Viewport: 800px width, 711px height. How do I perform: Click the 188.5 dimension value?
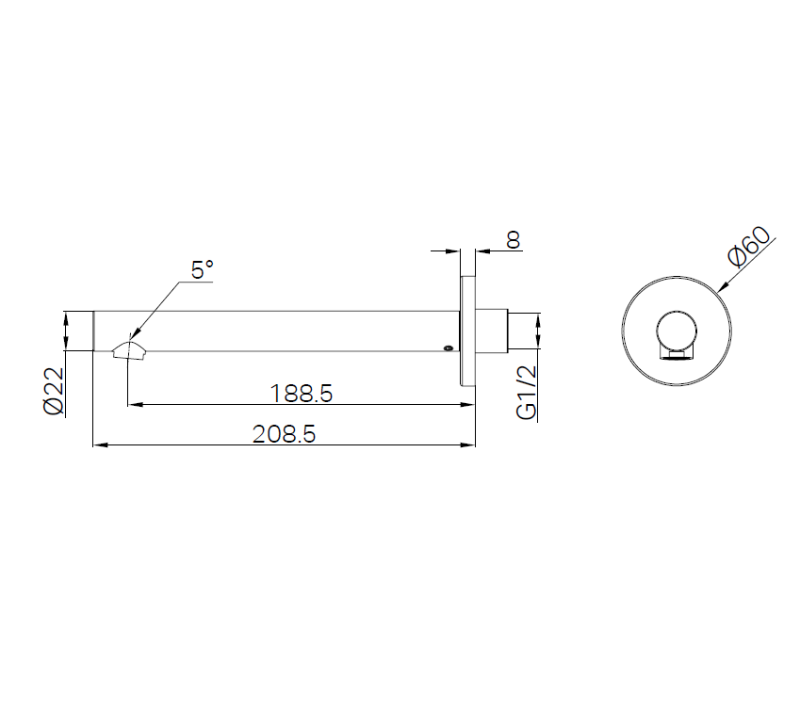click(301, 394)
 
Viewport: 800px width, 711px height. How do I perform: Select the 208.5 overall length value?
click(285, 434)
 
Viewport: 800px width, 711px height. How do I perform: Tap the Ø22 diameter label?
click(54, 391)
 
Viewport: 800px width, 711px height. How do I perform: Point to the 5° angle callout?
click(202, 270)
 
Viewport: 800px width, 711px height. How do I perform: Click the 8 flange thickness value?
click(514, 240)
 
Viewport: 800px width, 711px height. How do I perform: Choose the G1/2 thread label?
click(527, 393)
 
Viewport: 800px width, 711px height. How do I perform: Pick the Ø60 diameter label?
click(749, 247)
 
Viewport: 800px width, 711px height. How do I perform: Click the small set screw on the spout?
click(448, 348)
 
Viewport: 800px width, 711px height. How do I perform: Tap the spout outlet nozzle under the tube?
click(130, 351)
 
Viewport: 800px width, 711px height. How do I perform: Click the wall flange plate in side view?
click(468, 331)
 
